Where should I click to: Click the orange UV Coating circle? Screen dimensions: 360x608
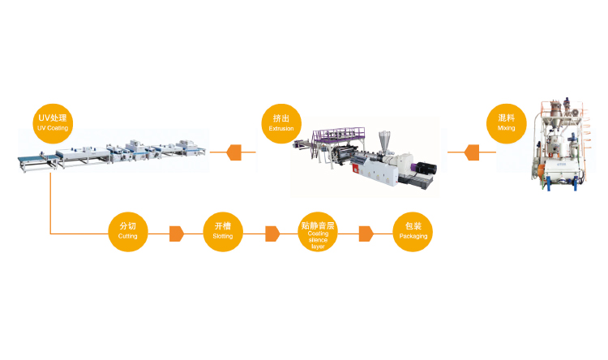click(x=54, y=122)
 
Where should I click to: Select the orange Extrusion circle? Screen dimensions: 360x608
click(x=280, y=122)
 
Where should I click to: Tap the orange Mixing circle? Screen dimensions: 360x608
click(x=506, y=122)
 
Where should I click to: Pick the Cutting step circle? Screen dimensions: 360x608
click(x=128, y=230)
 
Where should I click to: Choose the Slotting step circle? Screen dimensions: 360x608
click(x=222, y=230)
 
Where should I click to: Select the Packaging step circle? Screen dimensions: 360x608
click(x=413, y=230)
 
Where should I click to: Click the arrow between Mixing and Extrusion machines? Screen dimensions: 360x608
click(x=469, y=152)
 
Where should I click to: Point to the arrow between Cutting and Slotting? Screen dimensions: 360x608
click(x=176, y=234)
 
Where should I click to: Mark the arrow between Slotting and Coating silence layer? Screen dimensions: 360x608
click(x=272, y=234)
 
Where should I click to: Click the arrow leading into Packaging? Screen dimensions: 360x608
click(x=366, y=234)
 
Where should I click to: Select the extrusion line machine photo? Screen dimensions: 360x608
click(x=369, y=158)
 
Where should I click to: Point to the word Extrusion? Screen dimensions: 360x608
click(x=280, y=128)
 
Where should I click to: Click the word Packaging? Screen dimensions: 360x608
click(x=413, y=236)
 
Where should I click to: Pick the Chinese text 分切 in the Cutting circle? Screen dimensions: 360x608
click(x=128, y=225)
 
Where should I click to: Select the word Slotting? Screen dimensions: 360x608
click(x=222, y=236)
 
